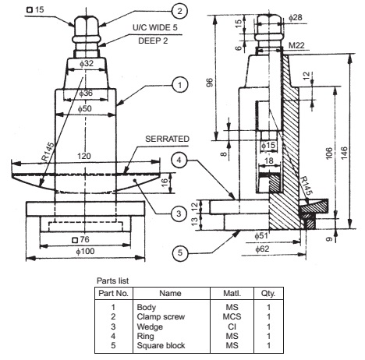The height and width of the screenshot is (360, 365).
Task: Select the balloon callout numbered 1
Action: pos(179,83)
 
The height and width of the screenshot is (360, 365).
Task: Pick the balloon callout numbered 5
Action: pos(179,252)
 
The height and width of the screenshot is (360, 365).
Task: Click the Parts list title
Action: pos(112,279)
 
